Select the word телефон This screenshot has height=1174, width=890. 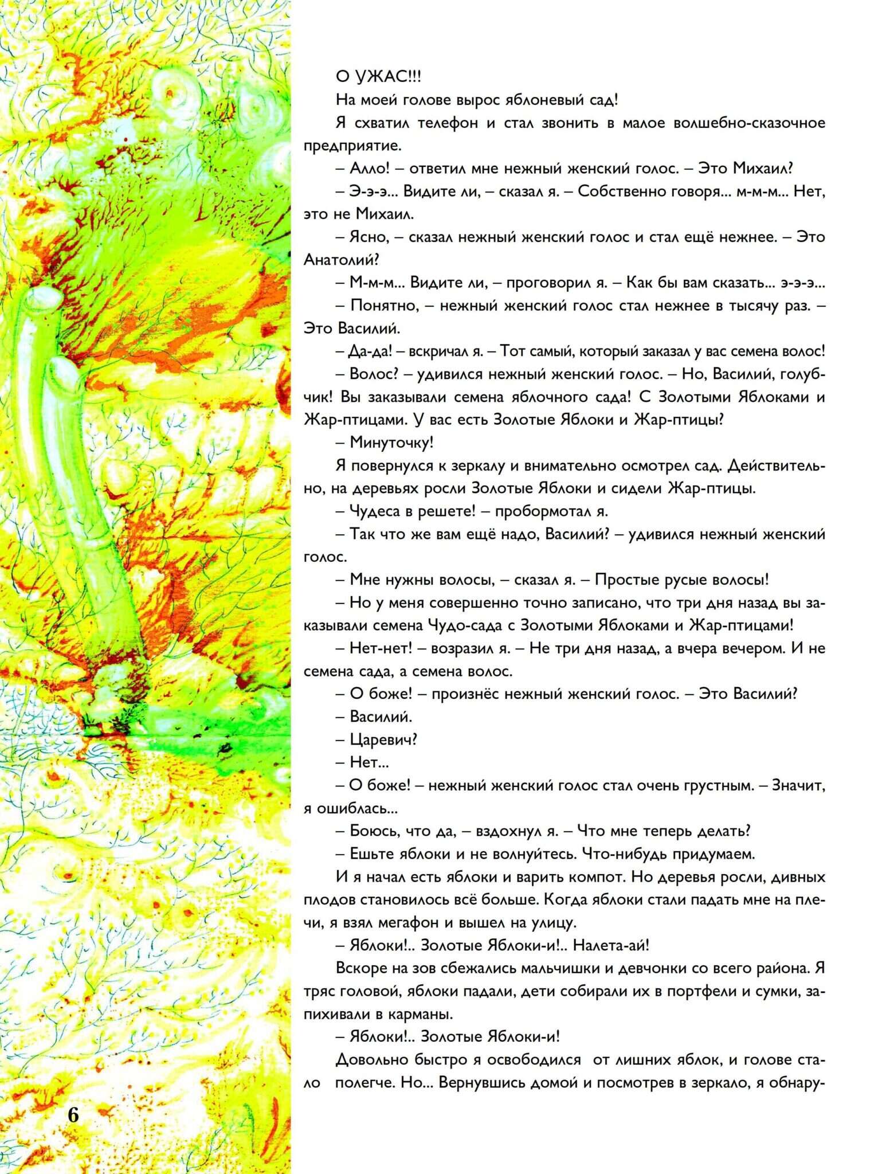448,123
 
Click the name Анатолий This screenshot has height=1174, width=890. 340,260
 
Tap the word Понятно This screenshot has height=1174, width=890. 383,306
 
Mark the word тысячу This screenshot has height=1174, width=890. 751,306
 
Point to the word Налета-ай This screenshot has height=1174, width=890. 610,945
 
